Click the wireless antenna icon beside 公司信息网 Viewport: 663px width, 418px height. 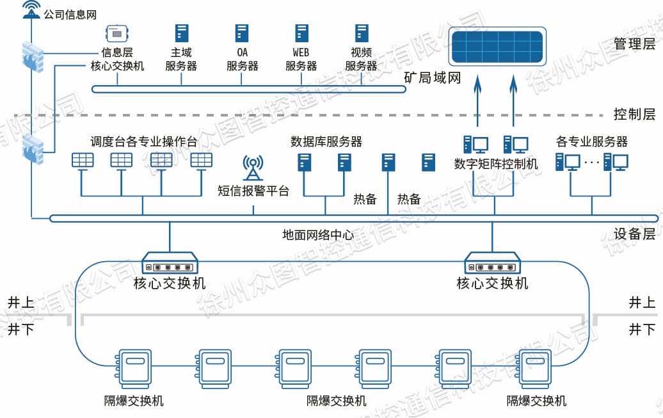tap(31, 10)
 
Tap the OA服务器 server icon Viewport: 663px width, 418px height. tap(242, 33)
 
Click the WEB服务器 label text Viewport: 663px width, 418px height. tap(301, 59)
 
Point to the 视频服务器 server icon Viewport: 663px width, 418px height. tap(362, 33)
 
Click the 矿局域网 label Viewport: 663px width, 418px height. tap(433, 79)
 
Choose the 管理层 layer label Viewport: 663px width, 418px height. tap(634, 44)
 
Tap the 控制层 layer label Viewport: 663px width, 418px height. tap(634, 115)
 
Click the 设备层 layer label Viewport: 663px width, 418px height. tap(634, 234)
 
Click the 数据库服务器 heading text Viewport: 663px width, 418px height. tap(326, 141)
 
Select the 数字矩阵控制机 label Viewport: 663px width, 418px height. tap(496, 164)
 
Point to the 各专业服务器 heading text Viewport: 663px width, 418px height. tap(591, 141)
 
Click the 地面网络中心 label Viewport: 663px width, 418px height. tap(318, 235)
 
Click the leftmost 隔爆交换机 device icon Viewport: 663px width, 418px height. tap(134, 369)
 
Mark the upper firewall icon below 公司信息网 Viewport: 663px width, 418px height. tap(32, 56)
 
